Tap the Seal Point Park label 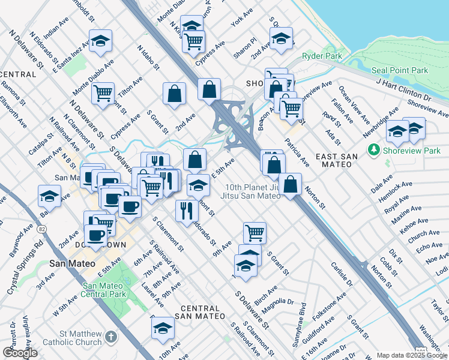pos(399,70)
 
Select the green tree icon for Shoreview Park pos(375,149)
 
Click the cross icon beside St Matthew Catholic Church pos(111,338)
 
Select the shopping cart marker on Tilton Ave pos(103,94)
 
